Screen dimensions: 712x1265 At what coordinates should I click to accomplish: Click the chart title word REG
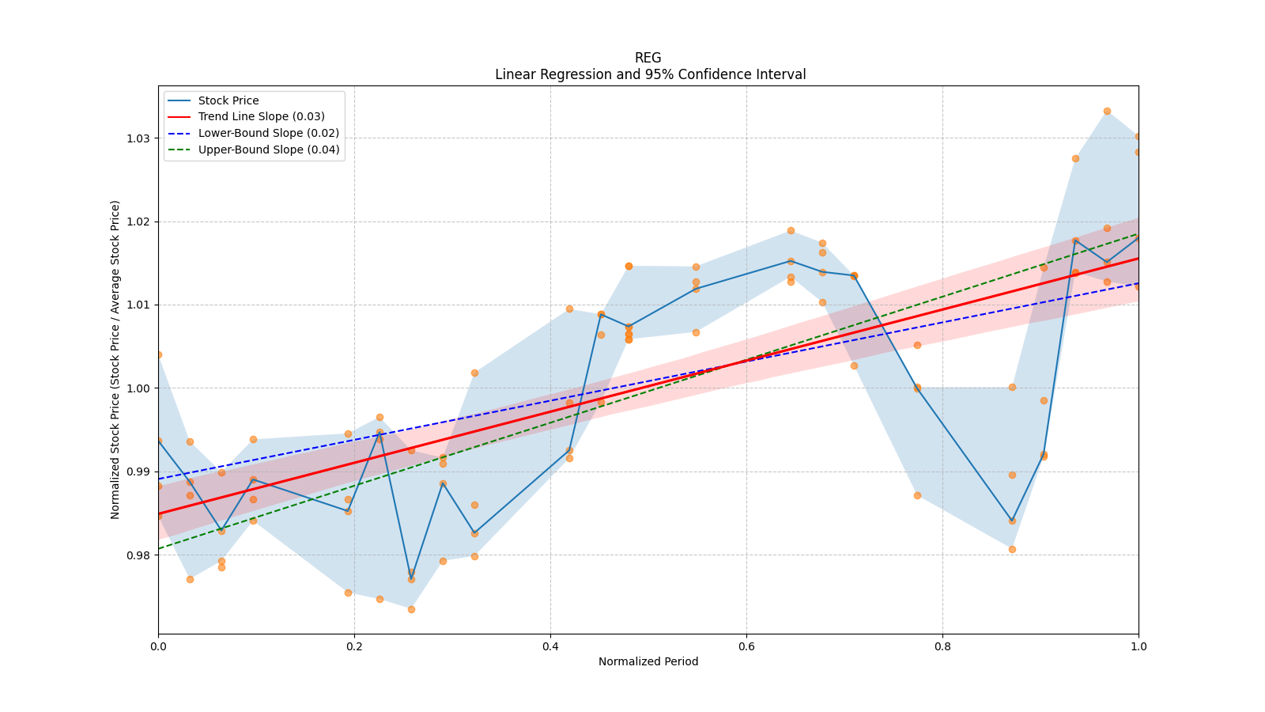pos(648,58)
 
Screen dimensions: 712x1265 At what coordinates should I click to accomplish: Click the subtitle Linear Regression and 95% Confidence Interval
pos(650,74)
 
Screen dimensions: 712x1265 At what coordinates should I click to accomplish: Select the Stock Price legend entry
pos(228,100)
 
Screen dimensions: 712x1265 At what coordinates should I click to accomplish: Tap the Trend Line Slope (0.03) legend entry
pos(261,116)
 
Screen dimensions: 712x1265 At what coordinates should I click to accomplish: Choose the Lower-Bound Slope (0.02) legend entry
pos(268,133)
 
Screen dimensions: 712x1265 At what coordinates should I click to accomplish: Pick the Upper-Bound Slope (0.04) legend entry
pos(268,150)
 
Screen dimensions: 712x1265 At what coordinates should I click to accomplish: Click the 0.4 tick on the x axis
pos(550,646)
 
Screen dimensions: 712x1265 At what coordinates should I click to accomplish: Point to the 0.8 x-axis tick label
pos(942,646)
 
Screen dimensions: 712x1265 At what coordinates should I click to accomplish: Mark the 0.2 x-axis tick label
pos(354,646)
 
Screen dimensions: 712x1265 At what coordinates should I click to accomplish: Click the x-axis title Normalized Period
pos(648,661)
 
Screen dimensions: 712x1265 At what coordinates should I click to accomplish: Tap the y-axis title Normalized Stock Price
pos(115,359)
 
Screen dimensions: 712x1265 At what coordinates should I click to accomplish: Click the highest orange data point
pos(1107,112)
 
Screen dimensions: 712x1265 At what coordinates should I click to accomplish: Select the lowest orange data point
pos(411,609)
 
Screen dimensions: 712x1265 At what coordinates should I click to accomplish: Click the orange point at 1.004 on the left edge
pos(159,354)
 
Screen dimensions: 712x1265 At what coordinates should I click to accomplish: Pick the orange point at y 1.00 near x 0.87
pos(1012,387)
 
